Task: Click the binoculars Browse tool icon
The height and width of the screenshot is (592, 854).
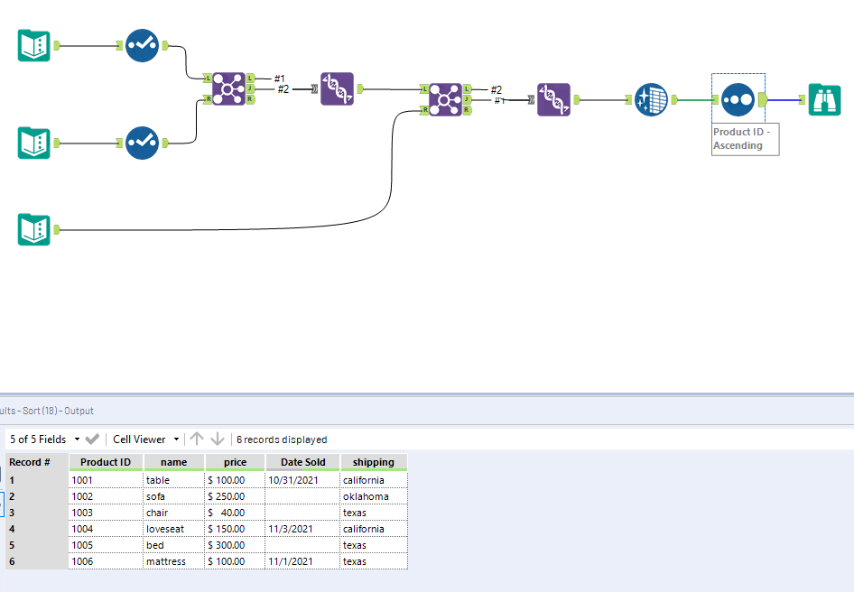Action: [x=824, y=99]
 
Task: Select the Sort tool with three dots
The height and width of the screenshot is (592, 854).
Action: [x=738, y=99]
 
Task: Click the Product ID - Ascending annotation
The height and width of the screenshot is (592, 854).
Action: [x=744, y=139]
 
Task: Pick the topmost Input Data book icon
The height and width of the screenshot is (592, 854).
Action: [x=34, y=45]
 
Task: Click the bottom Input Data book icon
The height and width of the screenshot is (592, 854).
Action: [x=34, y=229]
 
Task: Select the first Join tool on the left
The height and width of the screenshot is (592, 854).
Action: [x=228, y=89]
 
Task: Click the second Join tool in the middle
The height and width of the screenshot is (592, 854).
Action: [x=445, y=99]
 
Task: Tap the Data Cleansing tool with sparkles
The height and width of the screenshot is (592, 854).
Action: [x=651, y=99]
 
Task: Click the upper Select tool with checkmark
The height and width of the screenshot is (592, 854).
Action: [x=142, y=45]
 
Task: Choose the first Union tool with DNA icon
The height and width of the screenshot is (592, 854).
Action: [x=337, y=89]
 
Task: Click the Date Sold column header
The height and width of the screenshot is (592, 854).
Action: [x=302, y=462]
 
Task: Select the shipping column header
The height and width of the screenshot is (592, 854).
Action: [x=373, y=462]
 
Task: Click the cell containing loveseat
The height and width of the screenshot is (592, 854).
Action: [x=165, y=529]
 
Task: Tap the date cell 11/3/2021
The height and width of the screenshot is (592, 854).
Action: [x=290, y=529]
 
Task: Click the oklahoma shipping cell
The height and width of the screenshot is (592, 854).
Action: [x=366, y=496]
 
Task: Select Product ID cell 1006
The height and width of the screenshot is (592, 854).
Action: [x=83, y=561]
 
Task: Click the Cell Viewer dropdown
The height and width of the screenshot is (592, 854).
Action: [x=144, y=439]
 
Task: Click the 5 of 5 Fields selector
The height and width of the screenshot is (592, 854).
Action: [x=43, y=439]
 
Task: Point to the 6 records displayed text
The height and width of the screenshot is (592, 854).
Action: [x=282, y=439]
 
